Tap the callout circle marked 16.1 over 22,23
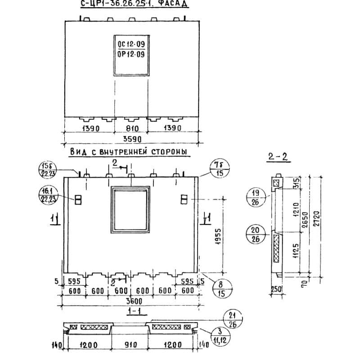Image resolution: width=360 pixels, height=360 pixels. click(47, 196)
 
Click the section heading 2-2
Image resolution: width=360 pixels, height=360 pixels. click(277, 157)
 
